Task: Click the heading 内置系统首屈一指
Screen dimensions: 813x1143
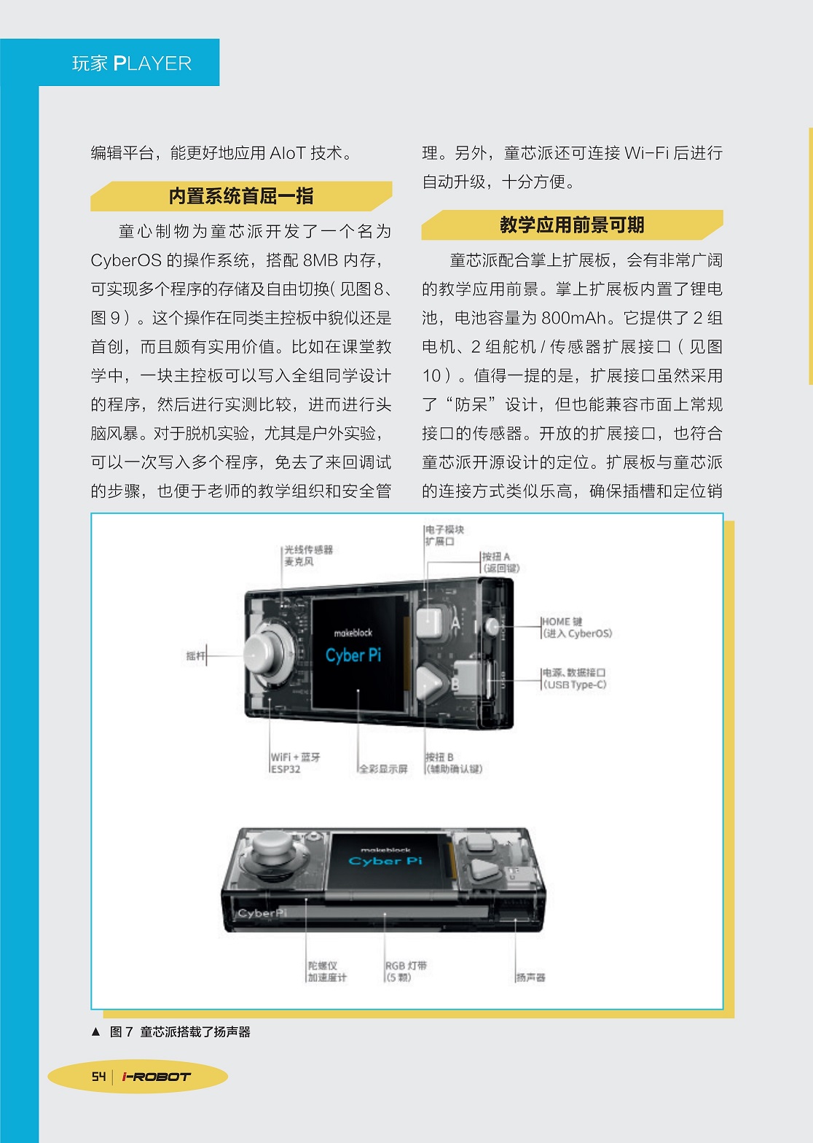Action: click(x=240, y=196)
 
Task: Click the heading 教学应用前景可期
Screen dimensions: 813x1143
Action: click(x=572, y=225)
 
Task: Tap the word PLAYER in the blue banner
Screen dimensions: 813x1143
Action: click(x=152, y=63)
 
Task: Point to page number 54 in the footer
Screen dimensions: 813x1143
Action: click(x=98, y=1076)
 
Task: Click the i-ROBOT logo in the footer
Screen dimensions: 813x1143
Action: click(x=156, y=1077)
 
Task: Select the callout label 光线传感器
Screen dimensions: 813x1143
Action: click(x=309, y=550)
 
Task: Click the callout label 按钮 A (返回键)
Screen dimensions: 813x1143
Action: click(x=500, y=562)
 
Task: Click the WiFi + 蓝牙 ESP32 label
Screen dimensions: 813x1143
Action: click(x=295, y=762)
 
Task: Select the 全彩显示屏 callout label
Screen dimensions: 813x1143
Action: click(x=383, y=768)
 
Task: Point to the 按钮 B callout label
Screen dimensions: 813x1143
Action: click(x=454, y=762)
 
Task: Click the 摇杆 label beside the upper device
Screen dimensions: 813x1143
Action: click(x=195, y=656)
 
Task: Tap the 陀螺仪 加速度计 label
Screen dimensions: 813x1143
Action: click(x=327, y=972)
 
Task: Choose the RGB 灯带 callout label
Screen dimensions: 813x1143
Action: click(x=406, y=972)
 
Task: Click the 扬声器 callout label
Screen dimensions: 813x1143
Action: click(x=531, y=977)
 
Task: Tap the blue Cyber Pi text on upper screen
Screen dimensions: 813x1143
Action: click(x=353, y=655)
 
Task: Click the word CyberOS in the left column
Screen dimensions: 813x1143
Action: click(x=126, y=260)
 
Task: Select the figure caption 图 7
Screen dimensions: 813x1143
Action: click(x=122, y=1031)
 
